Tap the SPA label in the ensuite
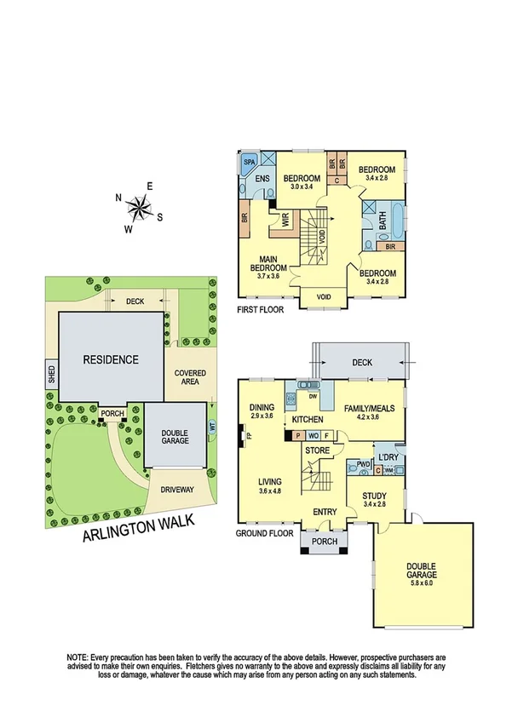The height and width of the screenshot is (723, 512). tap(250, 160)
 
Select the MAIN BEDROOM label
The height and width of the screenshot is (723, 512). tap(268, 267)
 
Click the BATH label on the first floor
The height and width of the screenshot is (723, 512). tap(382, 221)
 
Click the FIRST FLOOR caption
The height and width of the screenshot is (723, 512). tap(261, 310)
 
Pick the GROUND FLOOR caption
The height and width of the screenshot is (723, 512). tap(265, 534)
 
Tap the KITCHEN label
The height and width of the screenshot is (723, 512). tap(309, 420)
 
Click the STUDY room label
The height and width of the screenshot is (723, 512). tap(374, 496)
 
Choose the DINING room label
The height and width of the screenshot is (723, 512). tap(262, 407)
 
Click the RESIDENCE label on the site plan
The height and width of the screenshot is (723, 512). tap(110, 359)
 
